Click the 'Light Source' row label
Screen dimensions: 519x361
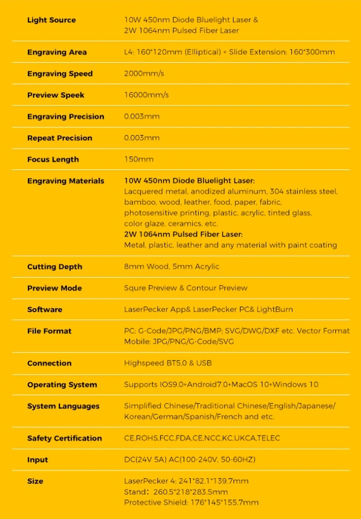tap(51, 20)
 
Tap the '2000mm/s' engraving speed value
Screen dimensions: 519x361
tap(144, 74)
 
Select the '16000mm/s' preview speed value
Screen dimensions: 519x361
tap(146, 95)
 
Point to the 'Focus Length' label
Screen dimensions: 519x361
tap(53, 159)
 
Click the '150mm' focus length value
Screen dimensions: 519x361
tap(139, 159)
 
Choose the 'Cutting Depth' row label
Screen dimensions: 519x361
tap(54, 267)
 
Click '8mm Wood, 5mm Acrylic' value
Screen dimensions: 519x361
tap(171, 267)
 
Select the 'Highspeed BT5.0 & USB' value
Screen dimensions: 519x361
tap(168, 363)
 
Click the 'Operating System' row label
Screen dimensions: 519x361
tap(62, 385)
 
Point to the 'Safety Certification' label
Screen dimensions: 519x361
tap(64, 439)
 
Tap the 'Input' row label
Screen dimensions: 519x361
tap(37, 460)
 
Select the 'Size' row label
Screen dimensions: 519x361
tap(35, 481)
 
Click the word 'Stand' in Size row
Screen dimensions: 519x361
tap(135, 492)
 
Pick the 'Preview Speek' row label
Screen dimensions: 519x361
tap(56, 95)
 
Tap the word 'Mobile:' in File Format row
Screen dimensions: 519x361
tap(137, 342)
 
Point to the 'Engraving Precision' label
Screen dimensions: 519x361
tap(65, 117)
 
